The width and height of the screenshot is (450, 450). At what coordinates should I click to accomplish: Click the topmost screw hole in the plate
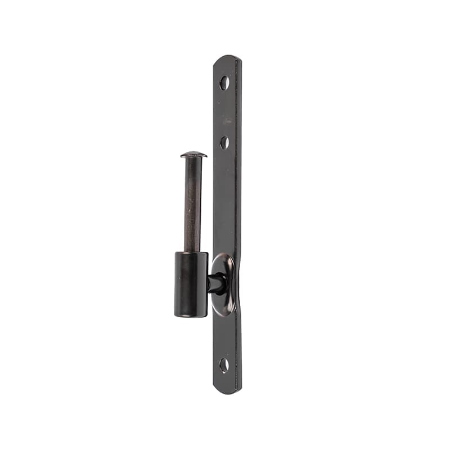pos(224,83)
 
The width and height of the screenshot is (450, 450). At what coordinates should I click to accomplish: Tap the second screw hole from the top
pos(224,142)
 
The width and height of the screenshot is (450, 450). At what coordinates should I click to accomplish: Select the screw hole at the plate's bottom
pos(224,365)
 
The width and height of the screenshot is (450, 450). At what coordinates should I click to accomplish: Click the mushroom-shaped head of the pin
pos(193,154)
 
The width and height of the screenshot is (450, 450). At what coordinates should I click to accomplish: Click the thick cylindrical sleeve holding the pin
pos(191,284)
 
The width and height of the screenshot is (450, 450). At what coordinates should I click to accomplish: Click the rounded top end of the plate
pos(227,59)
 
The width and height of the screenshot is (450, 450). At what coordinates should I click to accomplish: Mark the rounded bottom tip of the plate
pos(227,390)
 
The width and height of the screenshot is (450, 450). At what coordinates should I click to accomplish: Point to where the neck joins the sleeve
pos(209,283)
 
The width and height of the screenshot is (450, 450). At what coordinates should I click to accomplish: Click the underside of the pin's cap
pos(193,158)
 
